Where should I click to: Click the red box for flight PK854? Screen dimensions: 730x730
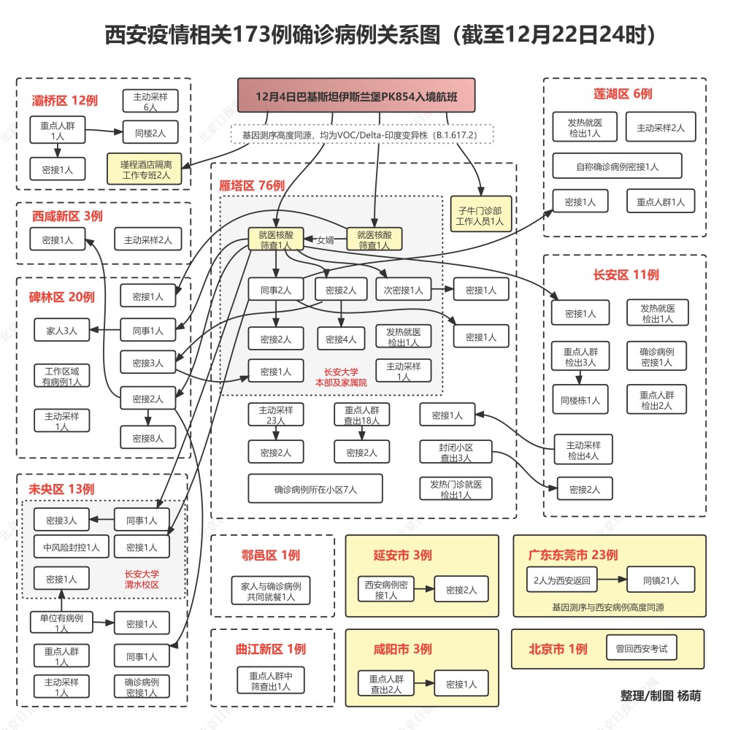coord(356,96)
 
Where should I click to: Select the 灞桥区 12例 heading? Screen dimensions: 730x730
coord(65,100)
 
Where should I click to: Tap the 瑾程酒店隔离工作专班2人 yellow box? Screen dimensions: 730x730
coord(145,169)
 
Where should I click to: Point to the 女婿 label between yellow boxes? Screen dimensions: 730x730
coord(324,239)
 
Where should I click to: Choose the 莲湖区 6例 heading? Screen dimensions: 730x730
coord(623,93)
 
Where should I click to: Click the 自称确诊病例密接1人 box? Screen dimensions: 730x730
coord(617,166)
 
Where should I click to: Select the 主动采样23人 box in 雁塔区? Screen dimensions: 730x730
coord(276,415)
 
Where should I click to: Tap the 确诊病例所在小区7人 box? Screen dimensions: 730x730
coord(315,489)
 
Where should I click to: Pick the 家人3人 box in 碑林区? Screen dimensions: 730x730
coord(61,330)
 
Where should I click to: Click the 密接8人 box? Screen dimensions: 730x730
coord(148,438)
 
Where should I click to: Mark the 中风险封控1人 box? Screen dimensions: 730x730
coord(72,546)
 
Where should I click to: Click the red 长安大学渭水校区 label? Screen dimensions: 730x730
coord(142,580)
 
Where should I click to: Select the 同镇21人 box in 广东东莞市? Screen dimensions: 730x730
coord(661,581)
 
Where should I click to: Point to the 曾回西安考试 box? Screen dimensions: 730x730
coord(642,648)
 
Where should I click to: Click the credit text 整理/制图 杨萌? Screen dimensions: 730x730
coord(660,695)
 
